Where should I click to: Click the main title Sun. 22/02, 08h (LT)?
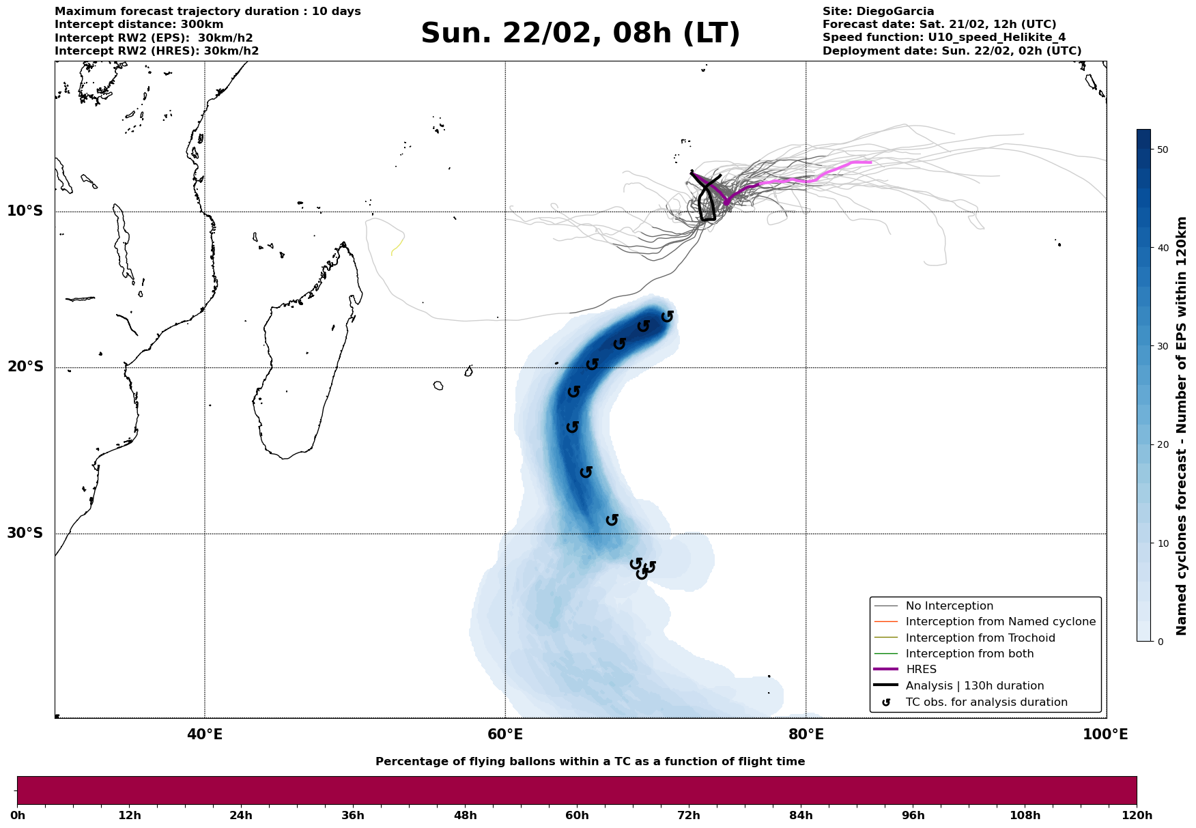(580, 33)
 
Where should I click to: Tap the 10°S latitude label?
(25, 211)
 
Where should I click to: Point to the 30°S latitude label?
(25, 533)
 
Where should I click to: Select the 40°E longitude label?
(204, 734)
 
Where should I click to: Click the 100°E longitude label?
(1105, 734)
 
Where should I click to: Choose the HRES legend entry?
(921, 670)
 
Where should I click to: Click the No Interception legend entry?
(949, 606)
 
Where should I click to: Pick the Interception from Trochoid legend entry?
(980, 638)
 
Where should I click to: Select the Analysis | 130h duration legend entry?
(974, 686)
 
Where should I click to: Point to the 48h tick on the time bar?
(465, 815)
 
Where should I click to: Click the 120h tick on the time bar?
(1137, 815)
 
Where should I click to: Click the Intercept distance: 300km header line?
(139, 25)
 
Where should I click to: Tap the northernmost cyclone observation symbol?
(668, 316)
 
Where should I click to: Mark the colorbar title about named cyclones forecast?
(1182, 426)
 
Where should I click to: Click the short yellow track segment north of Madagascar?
(397, 246)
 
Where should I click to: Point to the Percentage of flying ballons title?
(590, 762)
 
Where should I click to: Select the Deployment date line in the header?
(952, 51)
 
